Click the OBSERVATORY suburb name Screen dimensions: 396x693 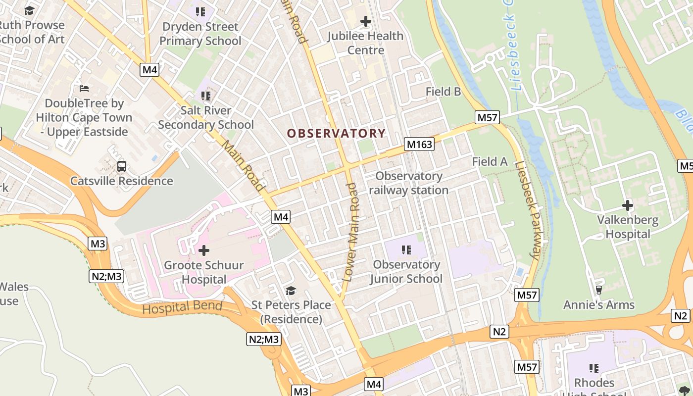(x=336, y=133)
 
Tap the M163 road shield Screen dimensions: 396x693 (x=419, y=145)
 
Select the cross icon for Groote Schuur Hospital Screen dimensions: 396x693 (x=203, y=250)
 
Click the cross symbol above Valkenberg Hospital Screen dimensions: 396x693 (x=628, y=205)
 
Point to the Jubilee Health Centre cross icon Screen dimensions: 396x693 (x=366, y=22)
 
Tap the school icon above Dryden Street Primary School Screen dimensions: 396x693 (x=200, y=11)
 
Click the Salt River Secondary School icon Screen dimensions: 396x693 (x=206, y=96)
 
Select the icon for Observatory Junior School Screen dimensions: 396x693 (x=406, y=250)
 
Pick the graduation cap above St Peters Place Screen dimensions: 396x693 (x=291, y=291)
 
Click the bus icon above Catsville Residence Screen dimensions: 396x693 (x=121, y=166)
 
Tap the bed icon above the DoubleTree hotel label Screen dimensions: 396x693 (x=84, y=89)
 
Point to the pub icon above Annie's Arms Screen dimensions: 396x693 (x=598, y=290)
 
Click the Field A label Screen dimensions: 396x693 (x=490, y=161)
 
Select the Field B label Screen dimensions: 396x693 (x=443, y=91)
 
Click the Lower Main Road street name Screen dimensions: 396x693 (x=352, y=233)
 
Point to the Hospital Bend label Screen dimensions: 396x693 (x=182, y=307)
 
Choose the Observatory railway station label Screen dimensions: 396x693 (x=408, y=183)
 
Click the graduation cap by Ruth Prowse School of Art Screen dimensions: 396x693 (x=29, y=11)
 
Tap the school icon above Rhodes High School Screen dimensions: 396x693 (x=594, y=368)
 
